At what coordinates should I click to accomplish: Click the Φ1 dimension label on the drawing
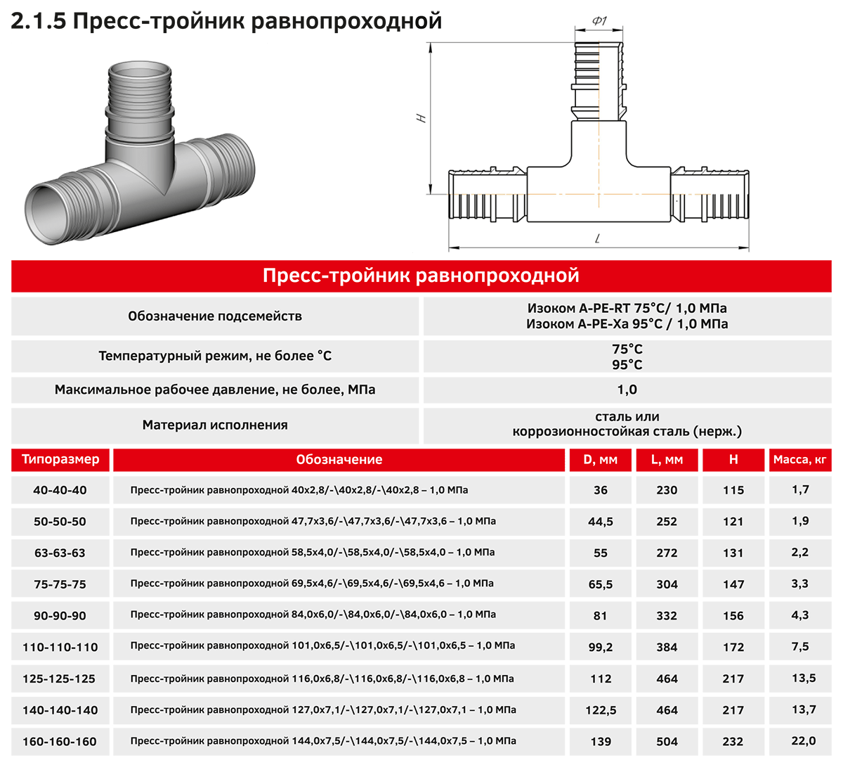(x=599, y=20)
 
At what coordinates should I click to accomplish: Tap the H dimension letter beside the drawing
(x=421, y=118)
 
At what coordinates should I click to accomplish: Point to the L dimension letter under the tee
(x=597, y=238)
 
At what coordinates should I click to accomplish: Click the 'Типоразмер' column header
(x=60, y=459)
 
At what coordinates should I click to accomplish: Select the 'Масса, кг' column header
(x=799, y=460)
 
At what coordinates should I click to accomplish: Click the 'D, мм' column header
(x=600, y=460)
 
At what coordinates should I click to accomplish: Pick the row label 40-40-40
(x=60, y=490)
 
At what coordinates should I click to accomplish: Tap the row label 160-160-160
(x=60, y=742)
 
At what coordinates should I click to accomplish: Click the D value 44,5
(x=600, y=522)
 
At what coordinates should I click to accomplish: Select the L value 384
(x=667, y=647)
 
